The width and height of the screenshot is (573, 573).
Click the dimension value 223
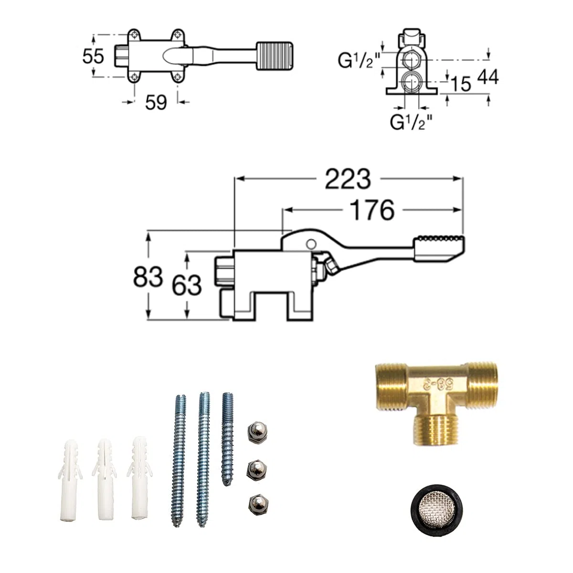click(x=348, y=179)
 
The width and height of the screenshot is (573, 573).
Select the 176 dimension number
click(x=372, y=210)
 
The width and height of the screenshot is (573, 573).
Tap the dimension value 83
click(x=148, y=276)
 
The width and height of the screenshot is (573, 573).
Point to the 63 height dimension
click(x=187, y=285)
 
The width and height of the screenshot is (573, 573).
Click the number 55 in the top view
click(x=93, y=56)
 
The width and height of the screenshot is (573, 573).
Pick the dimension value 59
click(x=156, y=103)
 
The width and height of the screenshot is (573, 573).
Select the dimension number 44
click(x=488, y=77)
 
